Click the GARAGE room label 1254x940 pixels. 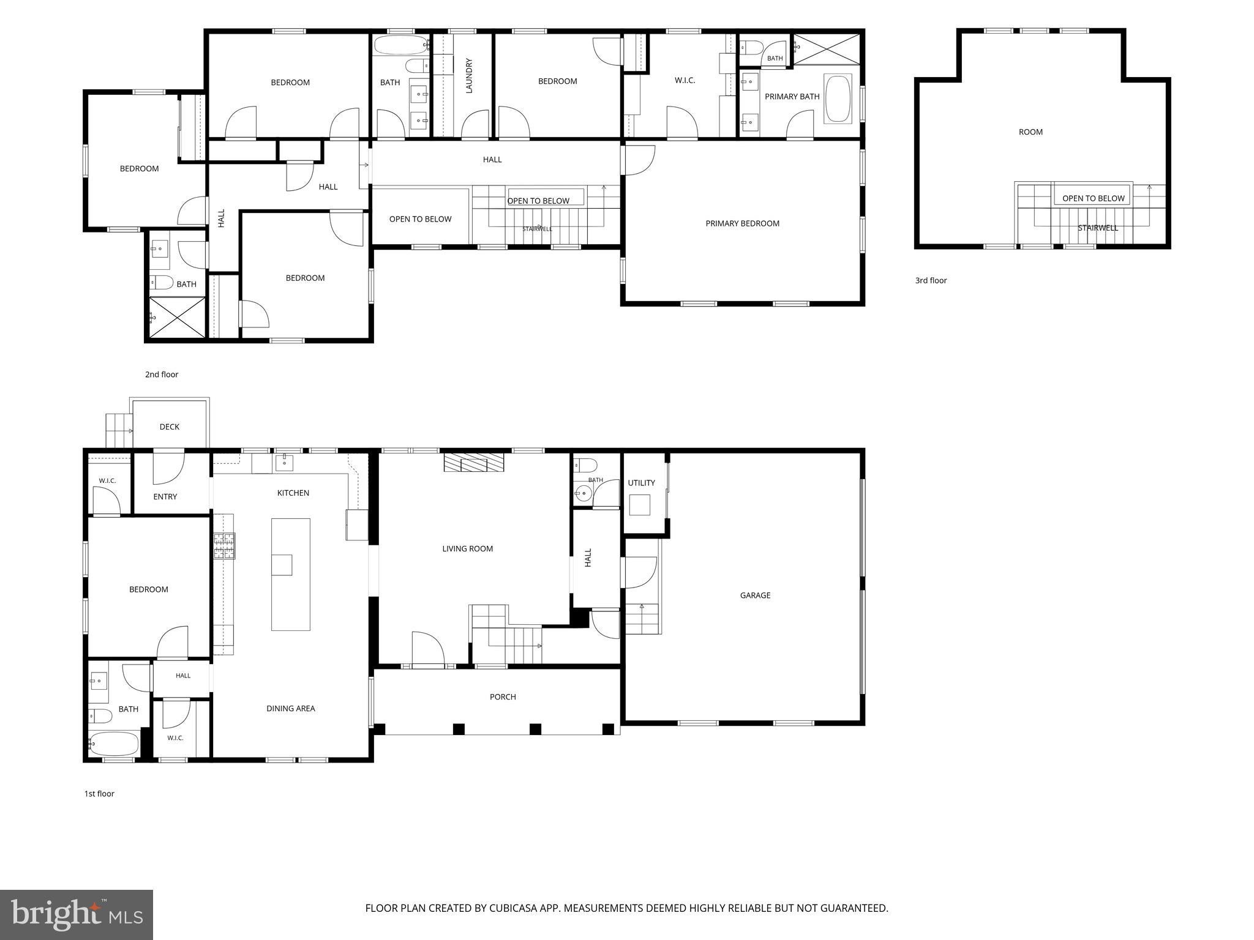(755, 595)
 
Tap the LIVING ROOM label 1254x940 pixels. (467, 548)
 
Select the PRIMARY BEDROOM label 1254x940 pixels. (742, 223)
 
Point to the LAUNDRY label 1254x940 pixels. (469, 76)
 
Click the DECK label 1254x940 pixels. (169, 427)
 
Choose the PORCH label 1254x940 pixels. (503, 696)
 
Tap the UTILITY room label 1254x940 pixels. (641, 483)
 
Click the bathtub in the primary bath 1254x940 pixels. (838, 99)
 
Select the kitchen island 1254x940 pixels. (291, 574)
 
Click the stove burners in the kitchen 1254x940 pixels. (224, 546)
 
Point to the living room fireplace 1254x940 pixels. (473, 463)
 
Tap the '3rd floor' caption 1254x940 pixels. (931, 280)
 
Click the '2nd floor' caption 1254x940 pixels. (162, 375)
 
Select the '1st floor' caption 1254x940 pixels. (99, 794)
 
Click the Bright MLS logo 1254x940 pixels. (77, 915)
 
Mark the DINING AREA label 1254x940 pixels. (290, 708)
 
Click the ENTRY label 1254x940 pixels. (165, 496)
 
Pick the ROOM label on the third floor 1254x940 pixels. (1031, 132)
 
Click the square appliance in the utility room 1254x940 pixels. (639, 505)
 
